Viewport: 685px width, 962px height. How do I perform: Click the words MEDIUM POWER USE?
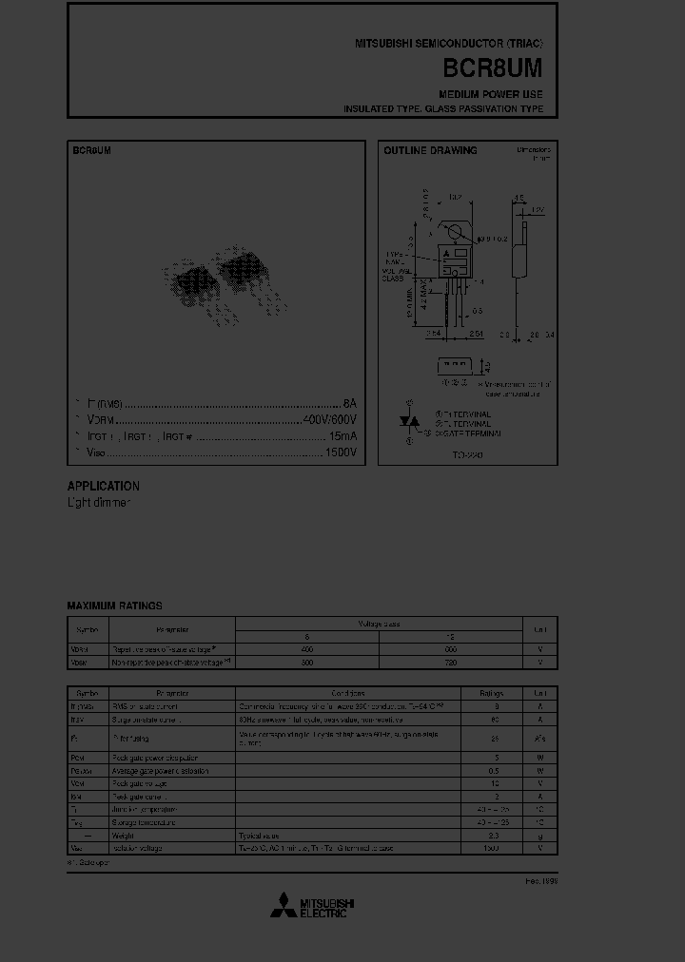tap(491, 95)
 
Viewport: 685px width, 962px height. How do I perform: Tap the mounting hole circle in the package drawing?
tap(456, 232)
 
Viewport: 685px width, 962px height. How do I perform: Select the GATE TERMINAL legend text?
tap(467, 433)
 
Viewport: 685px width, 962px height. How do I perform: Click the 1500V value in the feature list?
tap(342, 452)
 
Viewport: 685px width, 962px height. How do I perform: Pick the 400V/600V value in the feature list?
tap(330, 419)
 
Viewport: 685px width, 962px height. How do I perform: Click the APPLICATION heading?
tap(103, 486)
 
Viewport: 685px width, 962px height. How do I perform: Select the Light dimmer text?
tap(98, 502)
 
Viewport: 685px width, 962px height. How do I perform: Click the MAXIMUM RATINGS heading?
tap(114, 606)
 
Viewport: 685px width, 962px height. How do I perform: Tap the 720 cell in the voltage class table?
tap(451, 662)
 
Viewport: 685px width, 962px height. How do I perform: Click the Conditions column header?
tap(348, 694)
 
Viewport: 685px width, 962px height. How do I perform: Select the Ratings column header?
tap(492, 694)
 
